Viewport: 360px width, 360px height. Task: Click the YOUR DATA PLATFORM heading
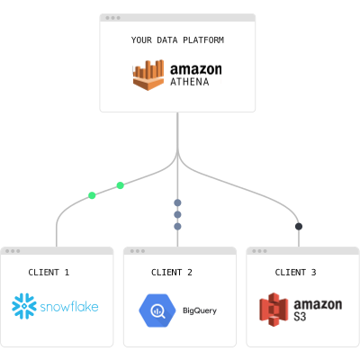[177, 40]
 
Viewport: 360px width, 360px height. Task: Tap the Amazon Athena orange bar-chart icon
[148, 75]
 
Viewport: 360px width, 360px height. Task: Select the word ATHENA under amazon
[190, 82]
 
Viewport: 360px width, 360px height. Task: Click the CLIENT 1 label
[49, 273]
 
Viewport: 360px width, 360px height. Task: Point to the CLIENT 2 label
[172, 273]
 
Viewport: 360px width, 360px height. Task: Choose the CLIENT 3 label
[295, 273]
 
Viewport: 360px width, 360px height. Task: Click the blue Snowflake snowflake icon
[24, 306]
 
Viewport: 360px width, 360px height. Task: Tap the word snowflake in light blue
[69, 307]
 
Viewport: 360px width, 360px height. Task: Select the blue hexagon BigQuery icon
[157, 310]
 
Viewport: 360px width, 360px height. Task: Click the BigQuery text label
[200, 310]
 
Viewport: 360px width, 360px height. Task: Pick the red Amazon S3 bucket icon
[274, 310]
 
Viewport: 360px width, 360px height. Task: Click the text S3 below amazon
[300, 317]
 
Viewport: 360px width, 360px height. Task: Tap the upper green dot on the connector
[120, 185]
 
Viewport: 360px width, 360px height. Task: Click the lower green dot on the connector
[92, 195]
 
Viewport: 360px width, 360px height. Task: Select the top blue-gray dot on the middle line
[177, 202]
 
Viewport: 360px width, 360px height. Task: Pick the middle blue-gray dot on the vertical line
[177, 214]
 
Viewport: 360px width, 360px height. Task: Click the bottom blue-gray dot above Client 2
[177, 226]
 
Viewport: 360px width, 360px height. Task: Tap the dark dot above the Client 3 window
[299, 226]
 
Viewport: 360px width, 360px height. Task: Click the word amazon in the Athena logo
[196, 69]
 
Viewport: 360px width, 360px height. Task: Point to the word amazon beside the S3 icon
[318, 304]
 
